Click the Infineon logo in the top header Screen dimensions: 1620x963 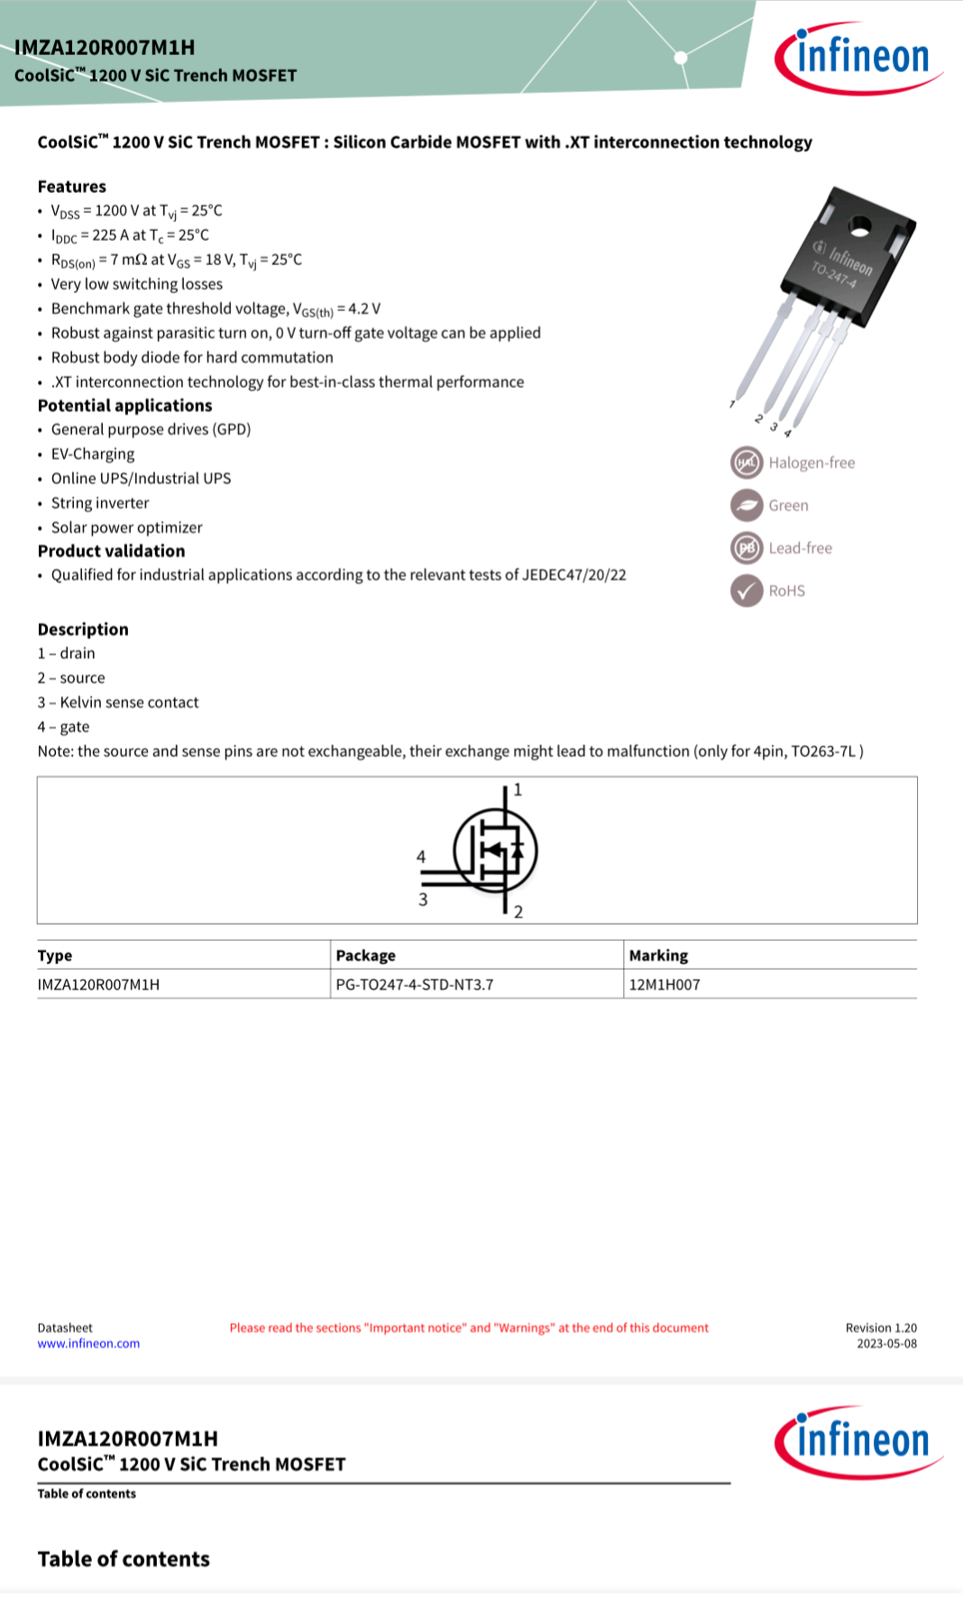click(x=857, y=58)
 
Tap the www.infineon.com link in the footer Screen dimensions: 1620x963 click(x=88, y=1343)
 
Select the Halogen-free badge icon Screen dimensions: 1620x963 click(x=747, y=463)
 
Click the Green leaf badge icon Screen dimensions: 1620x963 click(x=747, y=505)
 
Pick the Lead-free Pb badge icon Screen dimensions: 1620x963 click(x=747, y=548)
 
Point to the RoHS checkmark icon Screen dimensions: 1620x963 click(x=747, y=591)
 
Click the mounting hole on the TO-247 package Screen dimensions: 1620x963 click(x=859, y=227)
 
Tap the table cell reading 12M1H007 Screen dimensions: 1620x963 click(x=665, y=984)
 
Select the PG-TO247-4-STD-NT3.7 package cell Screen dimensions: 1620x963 click(x=415, y=984)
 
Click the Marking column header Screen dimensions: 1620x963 click(x=658, y=955)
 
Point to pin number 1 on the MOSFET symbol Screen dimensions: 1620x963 click(x=518, y=790)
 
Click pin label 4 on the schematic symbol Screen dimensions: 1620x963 click(x=421, y=857)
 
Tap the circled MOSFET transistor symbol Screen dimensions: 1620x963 click(x=495, y=851)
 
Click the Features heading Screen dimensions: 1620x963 click(x=72, y=187)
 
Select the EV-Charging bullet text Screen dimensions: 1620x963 click(x=93, y=454)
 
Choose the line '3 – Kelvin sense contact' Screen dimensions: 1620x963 click(x=118, y=702)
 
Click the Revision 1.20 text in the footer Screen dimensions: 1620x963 click(x=881, y=1328)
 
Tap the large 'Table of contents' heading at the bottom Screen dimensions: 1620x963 click(x=124, y=1559)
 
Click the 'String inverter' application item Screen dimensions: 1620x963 click(x=100, y=502)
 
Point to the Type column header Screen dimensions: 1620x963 click(x=55, y=955)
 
